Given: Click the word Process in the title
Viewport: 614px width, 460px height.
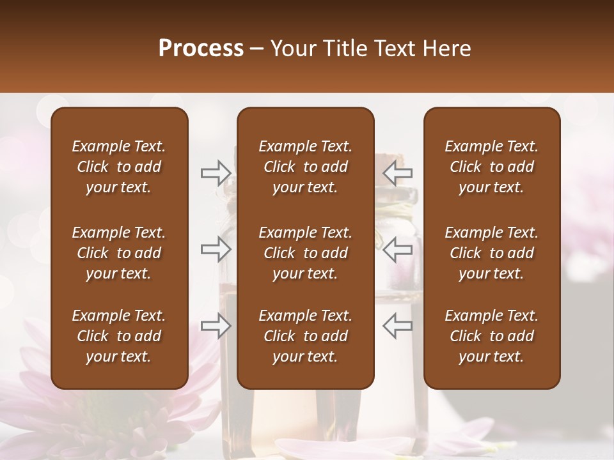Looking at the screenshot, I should coord(201,49).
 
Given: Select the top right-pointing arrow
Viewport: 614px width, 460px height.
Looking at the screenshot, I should coord(216,172).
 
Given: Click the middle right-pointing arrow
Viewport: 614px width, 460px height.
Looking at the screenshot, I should coord(216,249).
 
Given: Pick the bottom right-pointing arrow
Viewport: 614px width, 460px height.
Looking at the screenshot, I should coord(216,326).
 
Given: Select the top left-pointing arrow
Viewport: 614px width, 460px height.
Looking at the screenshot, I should coord(398,172).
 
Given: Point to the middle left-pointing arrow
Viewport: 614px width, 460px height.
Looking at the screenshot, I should coord(398,249).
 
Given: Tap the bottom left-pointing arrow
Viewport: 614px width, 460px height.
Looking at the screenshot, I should coord(398,326).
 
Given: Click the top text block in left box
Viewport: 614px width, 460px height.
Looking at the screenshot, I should coord(119,167).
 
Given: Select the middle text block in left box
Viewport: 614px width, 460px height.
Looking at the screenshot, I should coord(119,253).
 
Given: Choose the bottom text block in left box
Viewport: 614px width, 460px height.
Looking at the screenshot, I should coord(119,336).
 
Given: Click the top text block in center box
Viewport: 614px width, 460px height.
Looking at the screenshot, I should coord(306,167).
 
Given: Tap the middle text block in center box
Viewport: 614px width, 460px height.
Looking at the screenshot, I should coord(306,253).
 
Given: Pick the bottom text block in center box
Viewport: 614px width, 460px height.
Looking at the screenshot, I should coord(306,336).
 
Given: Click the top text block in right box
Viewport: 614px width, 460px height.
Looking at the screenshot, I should coord(492,167).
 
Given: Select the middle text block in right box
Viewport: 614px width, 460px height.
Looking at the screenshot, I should coord(492,253).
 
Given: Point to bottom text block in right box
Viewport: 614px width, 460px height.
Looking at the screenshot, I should coord(492,336).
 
